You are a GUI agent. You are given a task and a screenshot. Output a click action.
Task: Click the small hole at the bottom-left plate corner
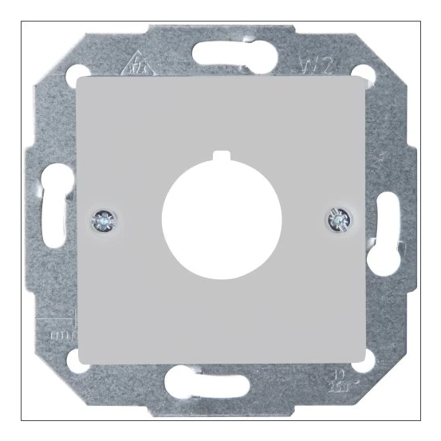tap(77, 361)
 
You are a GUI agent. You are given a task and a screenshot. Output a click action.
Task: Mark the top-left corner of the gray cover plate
tap(80, 77)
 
